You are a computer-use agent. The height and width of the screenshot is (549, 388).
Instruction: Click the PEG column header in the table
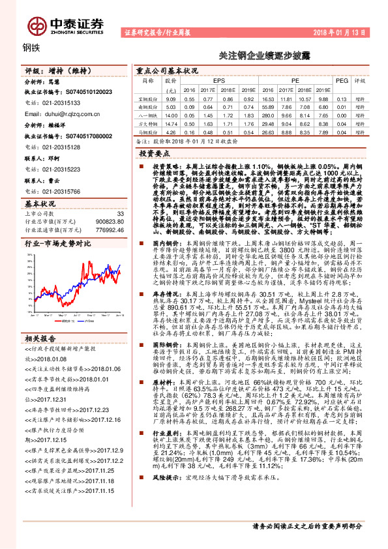tap(342, 80)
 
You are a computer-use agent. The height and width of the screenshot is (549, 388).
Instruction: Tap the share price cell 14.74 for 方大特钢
tap(171, 123)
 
